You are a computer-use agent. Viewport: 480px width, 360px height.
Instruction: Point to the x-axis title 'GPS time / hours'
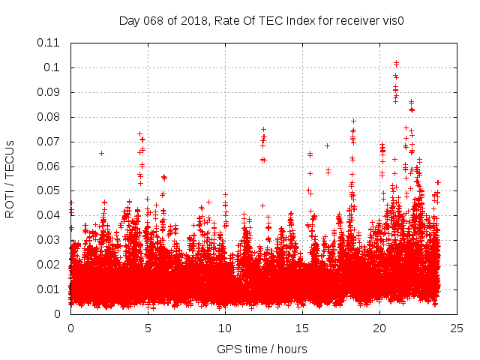[262, 349]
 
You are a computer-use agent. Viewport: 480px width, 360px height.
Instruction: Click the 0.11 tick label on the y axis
[49, 43]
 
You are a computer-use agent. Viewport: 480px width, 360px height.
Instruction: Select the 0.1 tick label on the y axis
[52, 67]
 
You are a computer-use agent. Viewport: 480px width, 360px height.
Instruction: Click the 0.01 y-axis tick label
[49, 289]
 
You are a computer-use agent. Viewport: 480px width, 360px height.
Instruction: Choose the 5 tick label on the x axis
[148, 328]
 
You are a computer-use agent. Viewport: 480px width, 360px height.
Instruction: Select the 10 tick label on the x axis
[225, 328]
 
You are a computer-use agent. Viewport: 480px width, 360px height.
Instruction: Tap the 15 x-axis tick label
[302, 328]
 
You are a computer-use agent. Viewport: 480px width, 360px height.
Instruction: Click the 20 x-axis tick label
[379, 328]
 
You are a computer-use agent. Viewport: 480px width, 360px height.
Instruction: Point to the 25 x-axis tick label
[457, 328]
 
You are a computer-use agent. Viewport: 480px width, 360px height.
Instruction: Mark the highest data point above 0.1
[396, 63]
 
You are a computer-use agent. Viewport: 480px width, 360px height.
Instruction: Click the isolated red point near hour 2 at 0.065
[101, 153]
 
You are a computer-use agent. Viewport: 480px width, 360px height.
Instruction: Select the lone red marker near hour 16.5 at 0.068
[327, 145]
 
